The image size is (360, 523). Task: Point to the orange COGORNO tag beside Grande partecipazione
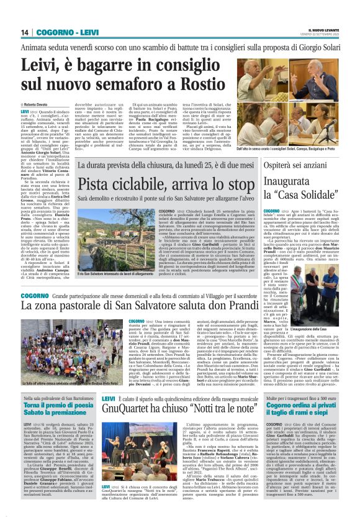(x=39, y=305)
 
